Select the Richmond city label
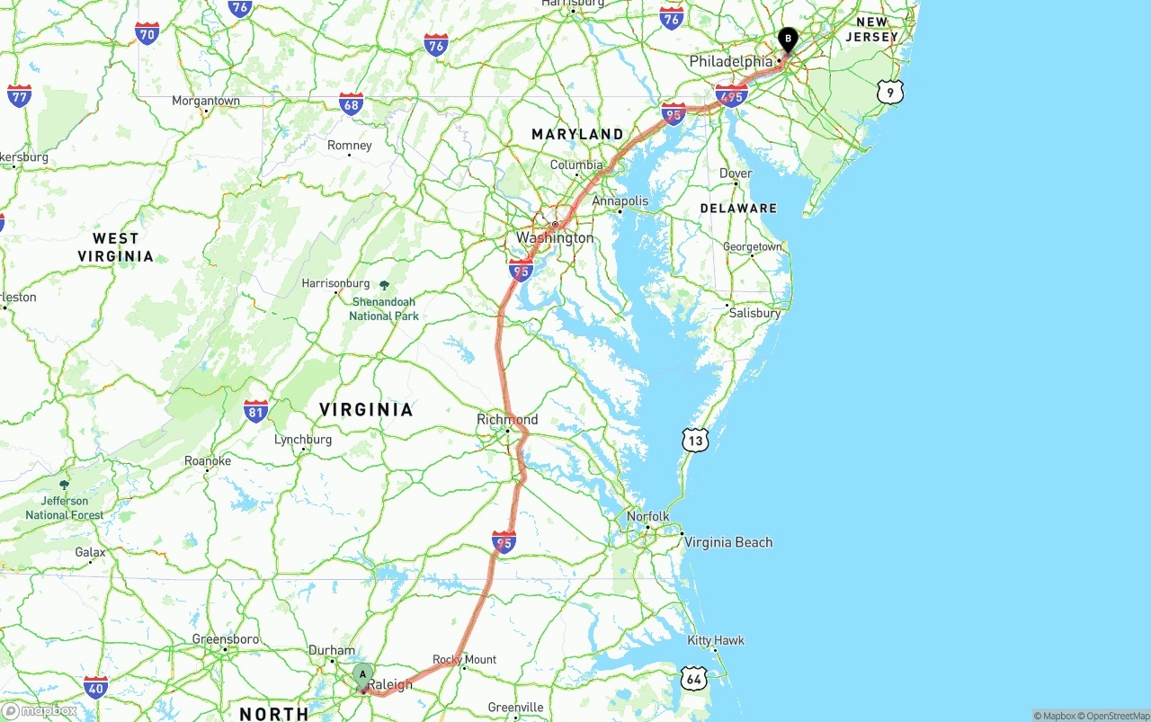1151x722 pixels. (x=507, y=419)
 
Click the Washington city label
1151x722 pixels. (x=555, y=237)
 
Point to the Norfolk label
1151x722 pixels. (x=648, y=516)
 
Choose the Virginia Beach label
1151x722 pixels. (x=728, y=542)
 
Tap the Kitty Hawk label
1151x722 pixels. (x=716, y=640)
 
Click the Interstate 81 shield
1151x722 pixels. (x=255, y=412)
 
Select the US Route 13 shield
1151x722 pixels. (x=695, y=440)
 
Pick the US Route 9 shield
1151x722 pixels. (x=889, y=91)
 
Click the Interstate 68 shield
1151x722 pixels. (x=352, y=103)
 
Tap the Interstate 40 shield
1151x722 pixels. (x=96, y=687)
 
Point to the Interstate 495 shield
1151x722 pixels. (x=732, y=95)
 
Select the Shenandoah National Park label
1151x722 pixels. (x=384, y=308)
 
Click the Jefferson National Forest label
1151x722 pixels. (x=64, y=508)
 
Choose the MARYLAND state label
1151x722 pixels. (x=577, y=134)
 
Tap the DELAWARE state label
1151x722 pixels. (x=738, y=208)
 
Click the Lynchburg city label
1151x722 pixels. (x=303, y=440)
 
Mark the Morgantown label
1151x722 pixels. (x=206, y=101)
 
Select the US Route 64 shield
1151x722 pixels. (x=693, y=678)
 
